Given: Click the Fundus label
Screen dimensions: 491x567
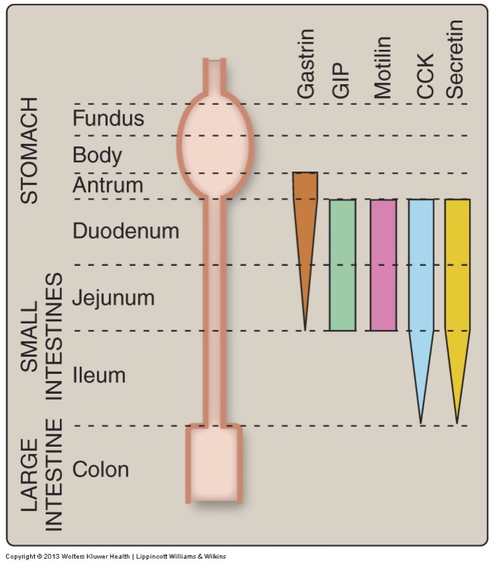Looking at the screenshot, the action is pos(108,118).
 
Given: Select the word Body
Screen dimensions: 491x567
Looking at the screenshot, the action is pos(97,155).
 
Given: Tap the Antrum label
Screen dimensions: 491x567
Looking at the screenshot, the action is pos(108,185).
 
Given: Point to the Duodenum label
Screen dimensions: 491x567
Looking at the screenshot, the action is pos(126,231).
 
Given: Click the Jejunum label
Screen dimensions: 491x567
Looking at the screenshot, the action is pos(113,298).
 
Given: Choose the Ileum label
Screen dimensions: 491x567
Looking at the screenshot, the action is pos(99,375).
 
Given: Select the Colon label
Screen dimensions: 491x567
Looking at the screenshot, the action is pos(100,470).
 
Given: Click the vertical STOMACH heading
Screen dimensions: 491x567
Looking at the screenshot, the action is pos(30,150).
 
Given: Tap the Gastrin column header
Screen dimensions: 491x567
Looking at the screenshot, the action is pos(306,64).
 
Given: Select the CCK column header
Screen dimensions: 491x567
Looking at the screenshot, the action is pos(426,76).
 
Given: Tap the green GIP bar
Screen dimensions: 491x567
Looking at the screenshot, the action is pos(342,265).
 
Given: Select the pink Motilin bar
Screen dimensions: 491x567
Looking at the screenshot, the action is pos(383,265).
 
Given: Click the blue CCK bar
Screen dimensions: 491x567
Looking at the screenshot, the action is pos(421,273).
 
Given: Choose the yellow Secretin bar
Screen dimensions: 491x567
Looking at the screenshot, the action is pos(457,273).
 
